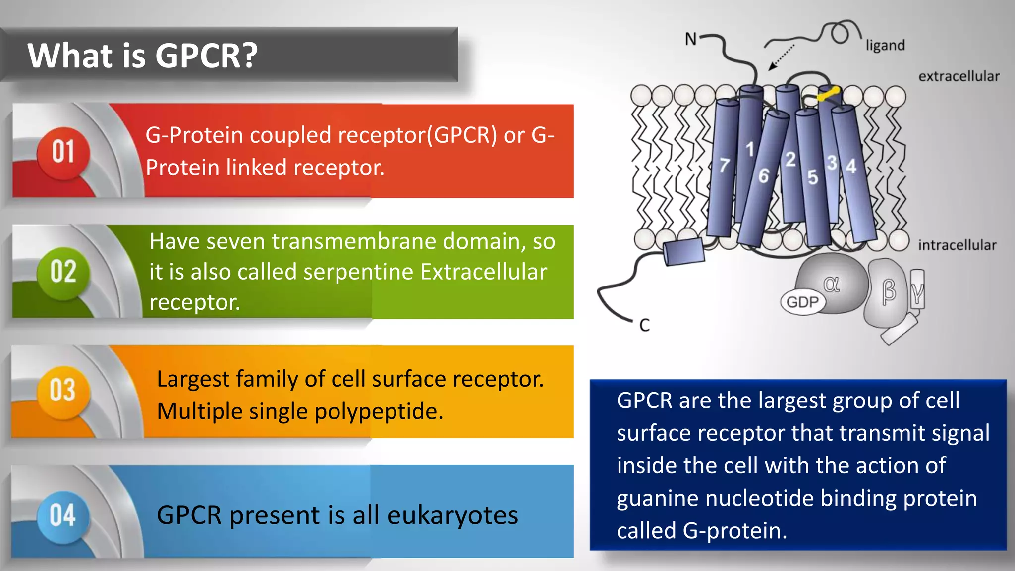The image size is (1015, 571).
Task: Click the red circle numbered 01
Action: tap(63, 152)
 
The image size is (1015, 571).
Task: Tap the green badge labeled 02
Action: tap(63, 272)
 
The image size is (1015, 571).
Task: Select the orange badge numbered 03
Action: tap(62, 391)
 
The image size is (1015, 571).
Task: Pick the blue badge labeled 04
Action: tap(62, 515)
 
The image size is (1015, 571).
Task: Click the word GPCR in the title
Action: tap(206, 56)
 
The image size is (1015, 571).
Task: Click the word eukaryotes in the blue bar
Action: tap(452, 515)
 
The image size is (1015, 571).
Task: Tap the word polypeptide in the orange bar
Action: tap(378, 412)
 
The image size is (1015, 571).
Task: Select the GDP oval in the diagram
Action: tap(802, 302)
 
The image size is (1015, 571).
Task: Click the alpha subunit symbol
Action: tap(831, 284)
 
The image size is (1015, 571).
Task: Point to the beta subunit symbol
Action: tap(889, 291)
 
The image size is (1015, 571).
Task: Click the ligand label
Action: tap(885, 46)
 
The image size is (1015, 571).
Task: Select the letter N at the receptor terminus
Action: tap(690, 39)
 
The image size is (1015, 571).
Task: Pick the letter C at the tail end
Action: tap(644, 326)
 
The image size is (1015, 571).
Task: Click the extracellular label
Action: tap(959, 77)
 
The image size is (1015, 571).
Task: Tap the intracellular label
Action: tap(957, 245)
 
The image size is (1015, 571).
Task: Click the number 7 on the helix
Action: tap(724, 165)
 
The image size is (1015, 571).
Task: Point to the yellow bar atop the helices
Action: tap(828, 93)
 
